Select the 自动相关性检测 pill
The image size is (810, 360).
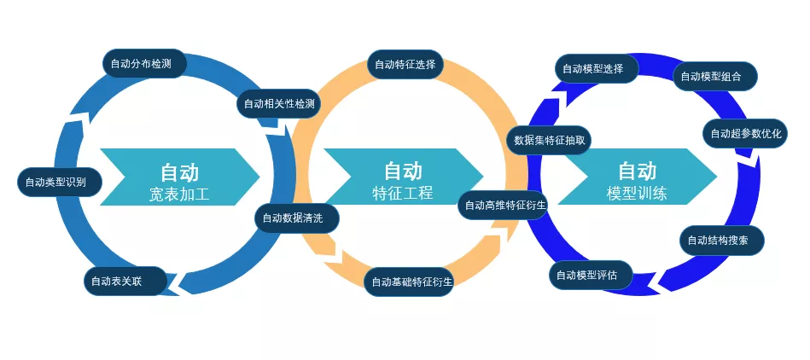pyautogui.click(x=279, y=104)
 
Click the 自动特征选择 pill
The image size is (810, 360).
pyautogui.click(x=406, y=63)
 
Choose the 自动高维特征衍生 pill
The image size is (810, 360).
pyautogui.click(x=504, y=205)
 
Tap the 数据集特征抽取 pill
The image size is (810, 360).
pyautogui.click(x=549, y=140)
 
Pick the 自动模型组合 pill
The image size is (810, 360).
pyautogui.click(x=715, y=76)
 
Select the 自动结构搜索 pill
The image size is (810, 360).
pyautogui.click(x=721, y=241)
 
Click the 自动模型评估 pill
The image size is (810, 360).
pyautogui.click(x=591, y=275)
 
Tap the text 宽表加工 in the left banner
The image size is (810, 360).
pyautogui.click(x=179, y=195)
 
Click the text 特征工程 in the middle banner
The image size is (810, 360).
pyautogui.click(x=403, y=193)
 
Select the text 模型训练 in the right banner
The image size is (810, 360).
pyautogui.click(x=637, y=194)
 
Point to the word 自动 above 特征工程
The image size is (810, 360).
pyautogui.click(x=403, y=170)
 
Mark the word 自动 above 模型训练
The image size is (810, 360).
pyautogui.click(x=637, y=171)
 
